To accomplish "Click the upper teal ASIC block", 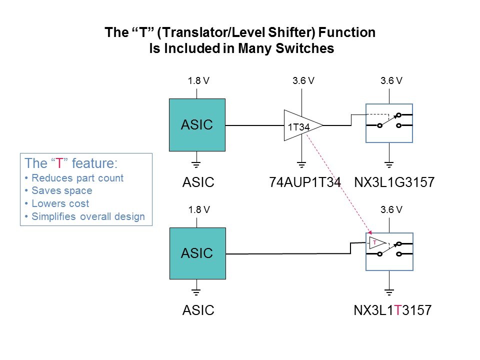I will pos(197,124).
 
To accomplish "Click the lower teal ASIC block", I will pos(197,253).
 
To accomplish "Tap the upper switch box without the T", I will pos(389,122).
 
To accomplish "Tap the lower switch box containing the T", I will pos(389,251).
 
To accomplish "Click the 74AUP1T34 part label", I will pos(305,183).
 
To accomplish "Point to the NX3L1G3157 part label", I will pos(392,183).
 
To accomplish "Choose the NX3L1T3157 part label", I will pos(392,311).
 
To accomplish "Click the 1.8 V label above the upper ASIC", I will pos(197,80).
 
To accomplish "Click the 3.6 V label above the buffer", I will pos(303,80).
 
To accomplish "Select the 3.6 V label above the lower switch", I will pos(391,210).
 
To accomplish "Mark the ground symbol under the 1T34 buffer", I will pos(301,163).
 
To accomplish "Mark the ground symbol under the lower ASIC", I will pos(196,291).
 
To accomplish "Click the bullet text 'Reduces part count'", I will pos(77,178).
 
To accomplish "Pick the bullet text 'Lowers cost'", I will pos(60,203).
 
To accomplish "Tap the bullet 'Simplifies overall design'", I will pos(87,216).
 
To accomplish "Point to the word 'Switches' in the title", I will pos(309,49).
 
